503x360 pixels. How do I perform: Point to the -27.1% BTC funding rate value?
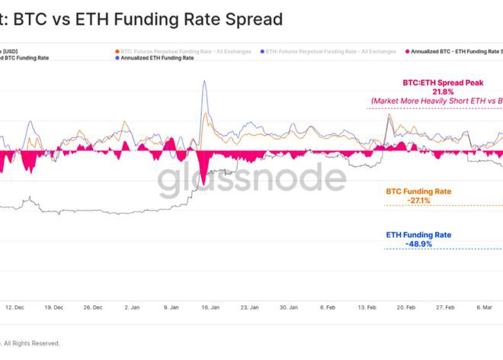[x=418, y=200]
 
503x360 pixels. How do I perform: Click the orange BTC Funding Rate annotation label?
[x=418, y=190]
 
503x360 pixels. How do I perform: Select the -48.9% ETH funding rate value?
[x=419, y=243]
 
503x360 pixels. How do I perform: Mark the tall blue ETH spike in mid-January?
[x=204, y=85]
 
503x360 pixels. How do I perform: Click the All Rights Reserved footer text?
[x=30, y=343]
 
